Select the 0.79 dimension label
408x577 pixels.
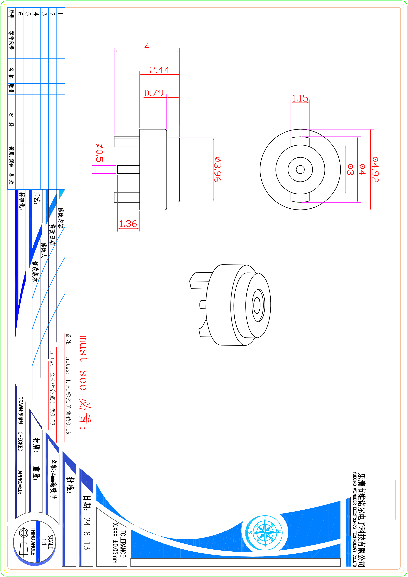154,93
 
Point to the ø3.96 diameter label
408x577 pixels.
218,169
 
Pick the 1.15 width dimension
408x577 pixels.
300,98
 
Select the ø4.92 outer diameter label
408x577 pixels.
375,169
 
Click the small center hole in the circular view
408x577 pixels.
300,169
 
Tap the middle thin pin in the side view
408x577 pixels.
128,169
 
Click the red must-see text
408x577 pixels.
83,362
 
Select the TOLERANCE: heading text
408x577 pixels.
123,545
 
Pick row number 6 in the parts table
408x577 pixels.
20,14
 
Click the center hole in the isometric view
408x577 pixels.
257,305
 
